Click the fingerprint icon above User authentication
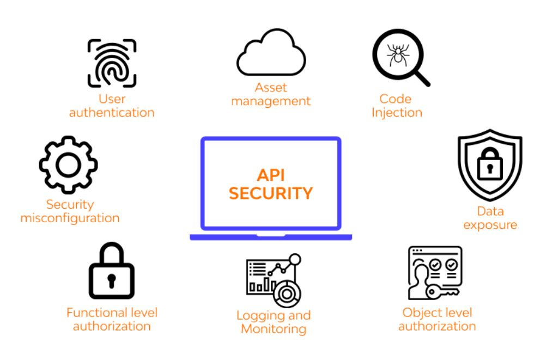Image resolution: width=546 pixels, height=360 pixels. pyautogui.click(x=112, y=63)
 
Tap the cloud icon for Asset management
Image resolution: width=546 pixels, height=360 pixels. pyautogui.click(x=271, y=55)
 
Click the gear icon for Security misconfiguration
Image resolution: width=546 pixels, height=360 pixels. pyautogui.click(x=68, y=164)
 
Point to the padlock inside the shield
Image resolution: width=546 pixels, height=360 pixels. pyautogui.click(x=489, y=164)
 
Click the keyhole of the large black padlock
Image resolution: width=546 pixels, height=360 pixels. pyautogui.click(x=112, y=281)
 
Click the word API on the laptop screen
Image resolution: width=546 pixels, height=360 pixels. pyautogui.click(x=271, y=175)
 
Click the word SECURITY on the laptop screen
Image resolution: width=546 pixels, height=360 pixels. pyautogui.click(x=271, y=193)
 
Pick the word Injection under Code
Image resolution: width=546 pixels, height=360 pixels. pyautogui.click(x=397, y=113)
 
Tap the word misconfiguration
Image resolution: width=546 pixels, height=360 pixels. pyautogui.click(x=70, y=218)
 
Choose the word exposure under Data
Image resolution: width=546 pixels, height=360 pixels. pyautogui.click(x=490, y=224)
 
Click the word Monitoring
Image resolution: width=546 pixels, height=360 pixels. pyautogui.click(x=274, y=329)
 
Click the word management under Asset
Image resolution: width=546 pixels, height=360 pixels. pyautogui.click(x=271, y=101)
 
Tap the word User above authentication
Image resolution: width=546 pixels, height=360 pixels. pyautogui.click(x=112, y=99)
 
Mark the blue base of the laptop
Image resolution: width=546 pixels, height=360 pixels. pyautogui.click(x=271, y=237)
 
